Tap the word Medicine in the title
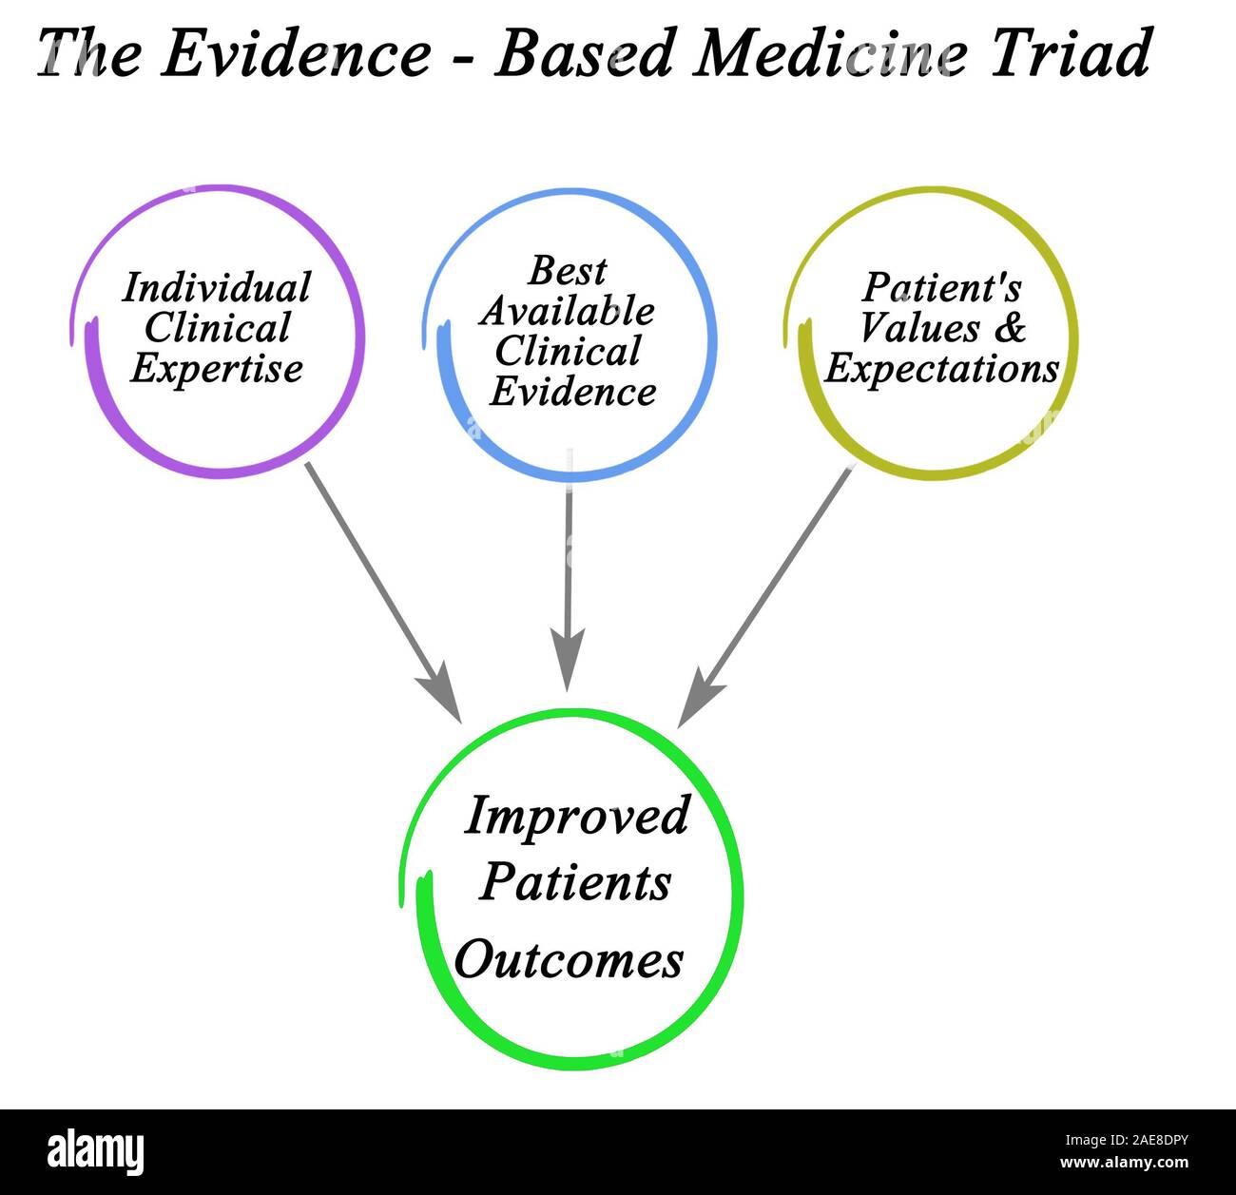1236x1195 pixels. coord(823,53)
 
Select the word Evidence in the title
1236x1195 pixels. coord(296,53)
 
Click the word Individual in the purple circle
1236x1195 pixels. coord(217,287)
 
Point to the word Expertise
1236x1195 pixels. coord(217,369)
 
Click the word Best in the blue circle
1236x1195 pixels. coord(568,271)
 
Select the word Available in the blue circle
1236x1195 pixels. coord(568,311)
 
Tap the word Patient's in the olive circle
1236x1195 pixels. coord(941,287)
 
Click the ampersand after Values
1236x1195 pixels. coord(1011,328)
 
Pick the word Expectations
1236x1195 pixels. coord(941,369)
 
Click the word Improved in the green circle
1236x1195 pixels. coord(576,816)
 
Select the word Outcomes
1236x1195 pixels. coord(569,959)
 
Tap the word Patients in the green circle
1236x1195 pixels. coord(575,882)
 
